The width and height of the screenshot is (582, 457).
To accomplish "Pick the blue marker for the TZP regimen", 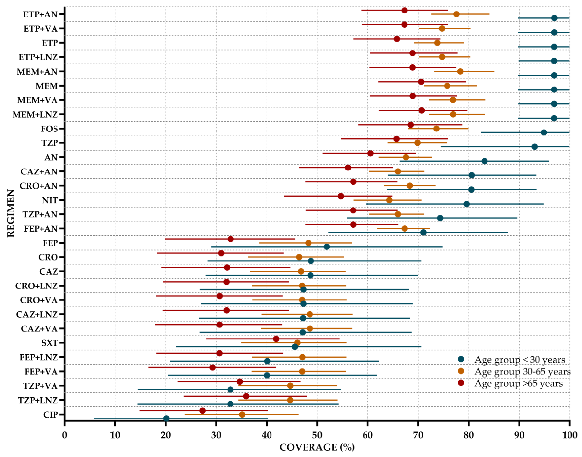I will pyautogui.click(x=535, y=147).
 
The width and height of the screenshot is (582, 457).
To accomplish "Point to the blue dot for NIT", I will pyautogui.click(x=467, y=204).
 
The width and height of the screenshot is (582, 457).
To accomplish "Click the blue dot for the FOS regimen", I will pyautogui.click(x=544, y=132).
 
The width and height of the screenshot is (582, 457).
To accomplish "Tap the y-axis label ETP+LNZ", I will pyautogui.click(x=38, y=57).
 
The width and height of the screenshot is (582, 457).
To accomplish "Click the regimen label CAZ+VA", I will pyautogui.click(x=39, y=329).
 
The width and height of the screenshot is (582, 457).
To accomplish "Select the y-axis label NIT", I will pyautogui.click(x=50, y=200).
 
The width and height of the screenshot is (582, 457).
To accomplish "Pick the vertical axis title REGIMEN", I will pyautogui.click(x=11, y=213).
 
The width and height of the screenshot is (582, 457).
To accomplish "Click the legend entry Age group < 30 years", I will pyautogui.click(x=519, y=360).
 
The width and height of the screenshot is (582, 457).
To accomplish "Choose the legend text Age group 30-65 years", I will pyautogui.click(x=522, y=371).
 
